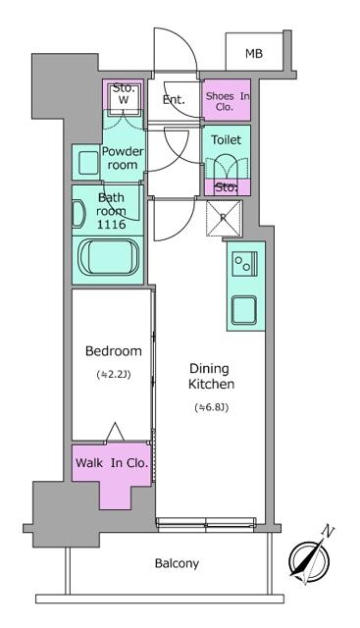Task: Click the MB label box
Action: (x=253, y=53)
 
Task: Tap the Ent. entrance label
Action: (x=175, y=99)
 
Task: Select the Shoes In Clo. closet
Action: (x=227, y=101)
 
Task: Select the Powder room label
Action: (x=125, y=158)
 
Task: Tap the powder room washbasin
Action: (x=86, y=162)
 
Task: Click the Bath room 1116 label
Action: (x=113, y=210)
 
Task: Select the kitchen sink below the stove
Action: (x=242, y=311)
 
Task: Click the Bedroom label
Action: (x=113, y=351)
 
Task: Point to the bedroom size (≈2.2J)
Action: (x=113, y=375)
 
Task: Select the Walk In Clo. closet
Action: (x=111, y=464)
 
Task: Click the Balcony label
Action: (x=177, y=563)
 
